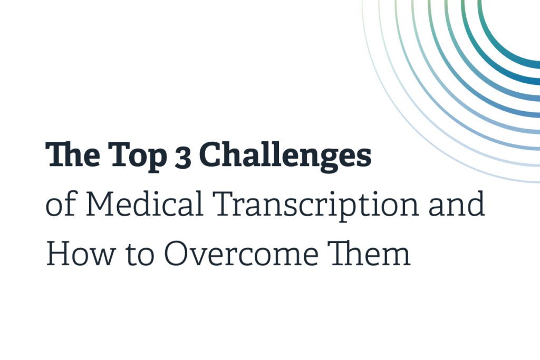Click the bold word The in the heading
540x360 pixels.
pyautogui.click(x=73, y=154)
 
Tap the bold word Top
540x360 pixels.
pyautogui.click(x=138, y=157)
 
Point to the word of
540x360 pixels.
pyautogui.click(x=60, y=203)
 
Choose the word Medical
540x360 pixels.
pyautogui.click(x=144, y=204)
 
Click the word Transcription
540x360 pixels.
pyautogui.click(x=315, y=206)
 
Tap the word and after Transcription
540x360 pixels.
pyautogui.click(x=456, y=203)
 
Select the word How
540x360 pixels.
pyautogui.click(x=81, y=254)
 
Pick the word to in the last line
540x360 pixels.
pyautogui.click(x=140, y=255)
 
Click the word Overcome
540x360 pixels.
pyautogui.click(x=241, y=254)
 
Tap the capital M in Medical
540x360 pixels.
pyautogui.click(x=102, y=204)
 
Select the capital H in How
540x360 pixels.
pyautogui.click(x=58, y=254)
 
